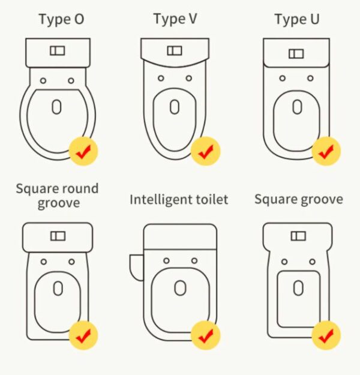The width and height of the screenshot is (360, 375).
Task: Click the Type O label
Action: tap(61, 20)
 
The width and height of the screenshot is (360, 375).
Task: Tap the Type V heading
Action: tap(175, 19)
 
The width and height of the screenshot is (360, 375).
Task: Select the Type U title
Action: tap(297, 19)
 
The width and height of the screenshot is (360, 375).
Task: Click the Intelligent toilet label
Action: tap(179, 200)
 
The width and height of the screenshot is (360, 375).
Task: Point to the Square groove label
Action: tap(299, 199)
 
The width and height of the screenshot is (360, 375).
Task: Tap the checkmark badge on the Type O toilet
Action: tap(83, 151)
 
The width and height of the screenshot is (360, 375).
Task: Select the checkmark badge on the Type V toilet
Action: tap(205, 151)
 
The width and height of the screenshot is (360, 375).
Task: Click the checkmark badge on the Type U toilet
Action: tap(326, 151)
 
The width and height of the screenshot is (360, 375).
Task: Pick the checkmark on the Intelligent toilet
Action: tap(205, 335)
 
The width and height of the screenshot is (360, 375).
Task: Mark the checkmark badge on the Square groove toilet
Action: tap(326, 335)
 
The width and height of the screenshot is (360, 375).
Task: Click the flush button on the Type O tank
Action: tap(58, 51)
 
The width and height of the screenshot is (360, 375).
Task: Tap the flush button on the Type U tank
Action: tap(296, 54)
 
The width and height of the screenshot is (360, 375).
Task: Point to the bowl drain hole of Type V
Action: tap(175, 107)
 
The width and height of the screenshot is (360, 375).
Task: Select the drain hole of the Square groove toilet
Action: tap(298, 288)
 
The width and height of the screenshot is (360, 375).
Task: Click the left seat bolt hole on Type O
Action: tap(43, 80)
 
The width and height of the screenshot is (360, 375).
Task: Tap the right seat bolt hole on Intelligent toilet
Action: tap(194, 260)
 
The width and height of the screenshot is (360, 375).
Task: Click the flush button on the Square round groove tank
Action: tap(58, 236)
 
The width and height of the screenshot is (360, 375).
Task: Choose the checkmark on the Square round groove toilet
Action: tap(83, 335)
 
